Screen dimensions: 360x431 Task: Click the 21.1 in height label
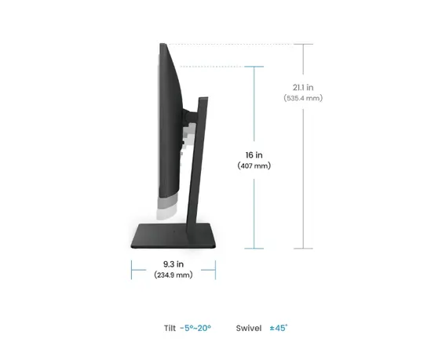point(303,87)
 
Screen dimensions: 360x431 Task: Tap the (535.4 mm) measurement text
point(303,98)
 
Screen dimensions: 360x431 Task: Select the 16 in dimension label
point(253,155)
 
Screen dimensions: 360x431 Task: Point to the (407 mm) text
point(253,166)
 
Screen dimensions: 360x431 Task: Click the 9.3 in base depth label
point(173,264)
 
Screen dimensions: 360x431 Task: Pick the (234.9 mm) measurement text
point(173,275)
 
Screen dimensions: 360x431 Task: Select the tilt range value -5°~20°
point(195,329)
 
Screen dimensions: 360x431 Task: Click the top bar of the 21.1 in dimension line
point(303,44)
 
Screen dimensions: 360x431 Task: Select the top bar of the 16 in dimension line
point(253,67)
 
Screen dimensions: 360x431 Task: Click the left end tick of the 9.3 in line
point(131,270)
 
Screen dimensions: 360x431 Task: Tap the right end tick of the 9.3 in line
point(215,270)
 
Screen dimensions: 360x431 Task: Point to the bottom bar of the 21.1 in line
point(303,249)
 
